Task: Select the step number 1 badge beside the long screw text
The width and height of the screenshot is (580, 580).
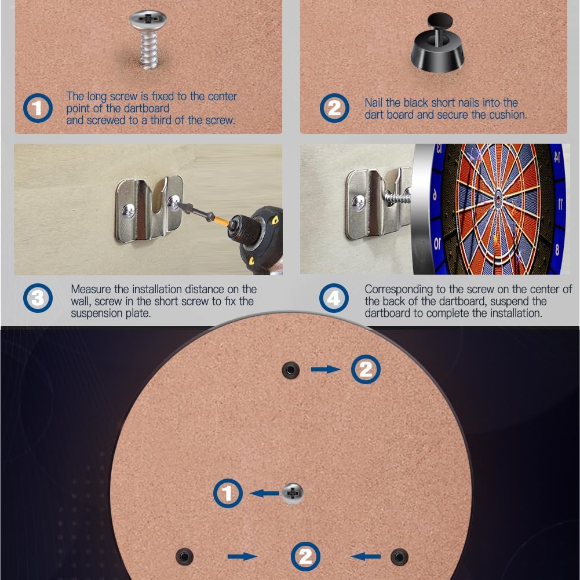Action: pyautogui.click(x=38, y=108)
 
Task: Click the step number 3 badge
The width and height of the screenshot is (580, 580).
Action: pyautogui.click(x=38, y=298)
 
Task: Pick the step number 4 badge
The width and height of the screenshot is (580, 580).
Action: pyautogui.click(x=334, y=298)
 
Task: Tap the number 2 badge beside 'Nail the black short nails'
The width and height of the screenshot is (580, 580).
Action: pyautogui.click(x=334, y=108)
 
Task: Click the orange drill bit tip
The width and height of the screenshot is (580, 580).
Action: pyautogui.click(x=221, y=221)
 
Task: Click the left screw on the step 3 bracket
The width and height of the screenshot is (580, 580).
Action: pyautogui.click(x=129, y=211)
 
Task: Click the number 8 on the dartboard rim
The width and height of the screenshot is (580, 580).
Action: pyautogui.click(x=557, y=250)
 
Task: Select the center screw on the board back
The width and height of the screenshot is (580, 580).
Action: pyautogui.click(x=293, y=493)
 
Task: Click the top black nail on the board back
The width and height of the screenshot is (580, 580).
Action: pyautogui.click(x=290, y=370)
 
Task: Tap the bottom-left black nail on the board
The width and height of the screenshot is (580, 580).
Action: pyautogui.click(x=184, y=556)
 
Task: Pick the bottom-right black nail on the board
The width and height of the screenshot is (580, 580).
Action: pyautogui.click(x=399, y=556)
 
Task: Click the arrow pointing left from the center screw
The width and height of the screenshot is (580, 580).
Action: pyautogui.click(x=264, y=493)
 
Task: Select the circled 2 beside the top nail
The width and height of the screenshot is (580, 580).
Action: pyautogui.click(x=366, y=369)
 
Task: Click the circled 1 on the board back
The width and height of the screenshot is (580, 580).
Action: pyautogui.click(x=228, y=493)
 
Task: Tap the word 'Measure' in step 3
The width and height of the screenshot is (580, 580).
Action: pyautogui.click(x=91, y=289)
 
